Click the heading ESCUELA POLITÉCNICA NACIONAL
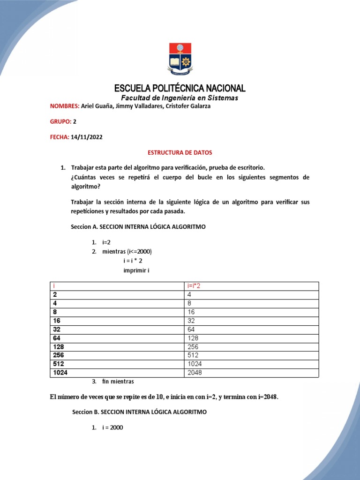point(180,89)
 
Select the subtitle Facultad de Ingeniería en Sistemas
point(180,98)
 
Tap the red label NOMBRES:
point(65,106)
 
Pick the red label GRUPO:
point(60,121)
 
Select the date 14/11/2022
point(87,137)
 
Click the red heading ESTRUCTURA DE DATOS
point(180,152)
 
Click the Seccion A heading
point(138,226)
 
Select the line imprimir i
point(136,271)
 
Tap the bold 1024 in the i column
point(60,373)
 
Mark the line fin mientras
point(118,382)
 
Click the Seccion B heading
point(139,412)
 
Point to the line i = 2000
point(112,427)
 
